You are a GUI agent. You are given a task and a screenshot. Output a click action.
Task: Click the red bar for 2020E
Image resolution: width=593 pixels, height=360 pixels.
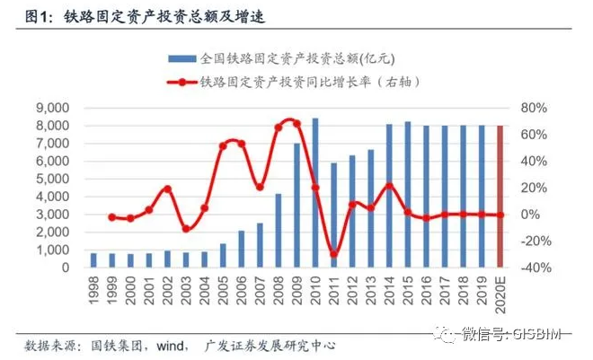coord(500,197)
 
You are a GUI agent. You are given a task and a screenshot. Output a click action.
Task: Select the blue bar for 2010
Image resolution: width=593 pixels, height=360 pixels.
coord(315,193)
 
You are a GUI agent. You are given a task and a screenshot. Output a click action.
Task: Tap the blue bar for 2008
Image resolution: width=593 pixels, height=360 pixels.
coord(279,231)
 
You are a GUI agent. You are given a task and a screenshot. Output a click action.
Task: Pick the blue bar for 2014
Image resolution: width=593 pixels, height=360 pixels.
coord(389,196)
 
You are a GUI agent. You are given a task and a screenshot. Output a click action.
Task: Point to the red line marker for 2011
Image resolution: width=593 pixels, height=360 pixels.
coord(333,254)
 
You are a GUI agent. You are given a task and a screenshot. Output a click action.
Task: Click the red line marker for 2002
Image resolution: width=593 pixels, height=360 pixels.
coord(167,189)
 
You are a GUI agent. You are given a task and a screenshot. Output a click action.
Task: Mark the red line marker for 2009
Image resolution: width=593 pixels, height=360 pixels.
coord(296,123)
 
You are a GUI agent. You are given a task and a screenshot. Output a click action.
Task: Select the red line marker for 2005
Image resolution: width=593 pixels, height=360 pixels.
coord(223,145)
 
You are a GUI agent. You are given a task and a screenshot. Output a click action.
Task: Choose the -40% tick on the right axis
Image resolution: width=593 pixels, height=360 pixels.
coord(532,268)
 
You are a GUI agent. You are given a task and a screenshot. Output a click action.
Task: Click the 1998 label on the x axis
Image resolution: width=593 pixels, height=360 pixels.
coord(93,289)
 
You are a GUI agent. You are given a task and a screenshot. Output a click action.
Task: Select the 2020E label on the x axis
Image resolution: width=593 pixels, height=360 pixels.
coord(500,293)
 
